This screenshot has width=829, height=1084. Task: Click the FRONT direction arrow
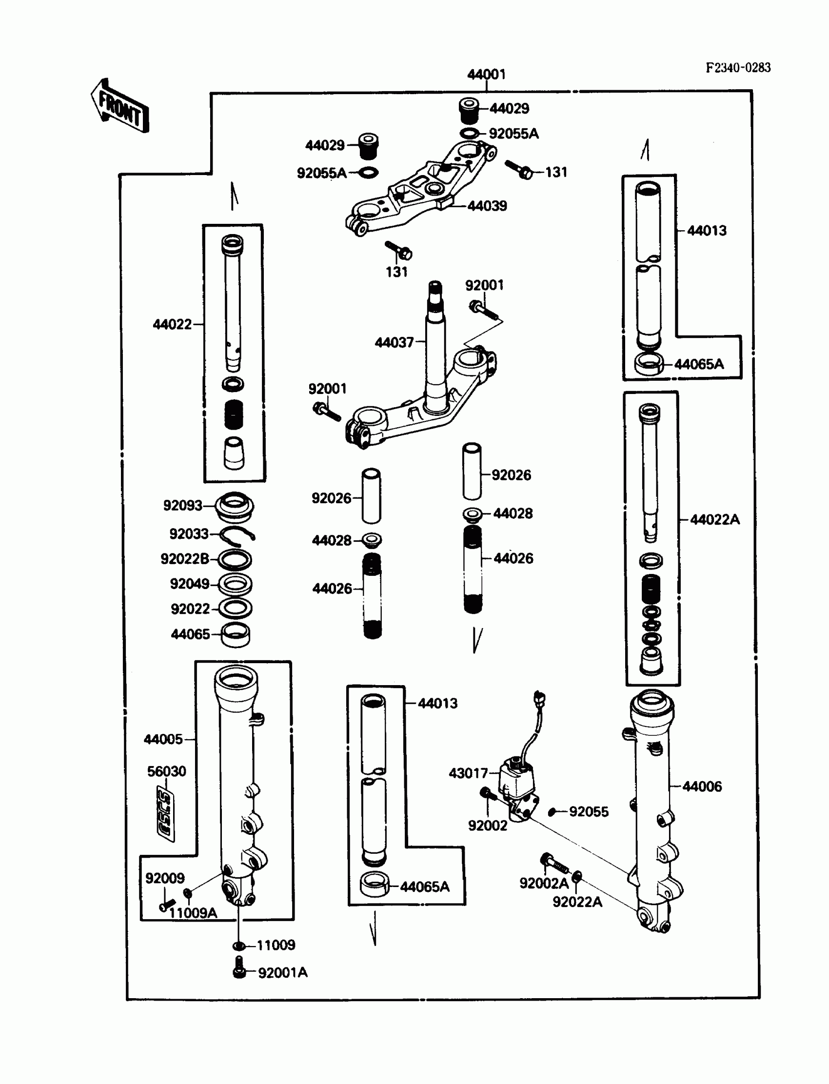120,107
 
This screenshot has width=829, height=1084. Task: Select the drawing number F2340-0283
738,68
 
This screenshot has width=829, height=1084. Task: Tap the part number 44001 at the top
486,75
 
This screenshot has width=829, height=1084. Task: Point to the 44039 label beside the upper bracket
487,206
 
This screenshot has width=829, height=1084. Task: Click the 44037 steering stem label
394,342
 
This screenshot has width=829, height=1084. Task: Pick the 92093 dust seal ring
235,506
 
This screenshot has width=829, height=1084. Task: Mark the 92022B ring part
235,559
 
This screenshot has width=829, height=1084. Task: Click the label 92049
190,584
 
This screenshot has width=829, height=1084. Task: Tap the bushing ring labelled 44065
236,634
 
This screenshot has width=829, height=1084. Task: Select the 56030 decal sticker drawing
165,814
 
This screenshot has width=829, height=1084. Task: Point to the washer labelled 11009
239,946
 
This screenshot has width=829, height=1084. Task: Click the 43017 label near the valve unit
468,773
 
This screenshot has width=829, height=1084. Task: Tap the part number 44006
702,787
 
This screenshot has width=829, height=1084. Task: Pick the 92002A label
544,883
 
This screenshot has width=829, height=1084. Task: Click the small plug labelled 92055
552,812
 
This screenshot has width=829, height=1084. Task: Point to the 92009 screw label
165,878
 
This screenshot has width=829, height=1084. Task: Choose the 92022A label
577,902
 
